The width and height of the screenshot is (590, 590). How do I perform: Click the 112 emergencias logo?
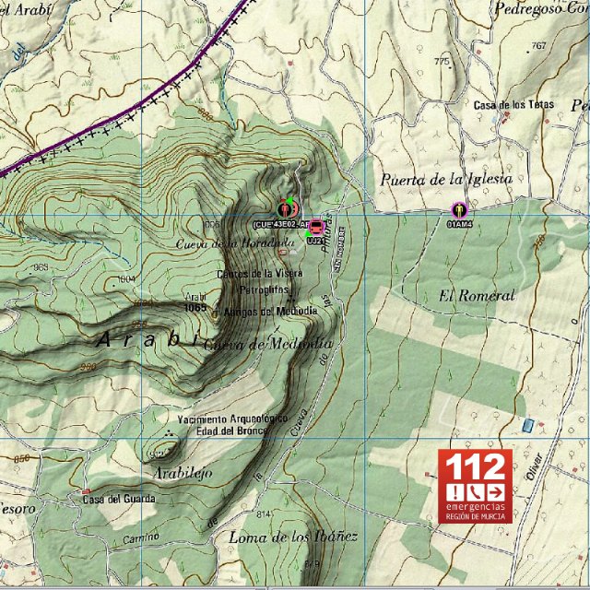474,486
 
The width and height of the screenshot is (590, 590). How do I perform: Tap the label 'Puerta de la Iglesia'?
445,180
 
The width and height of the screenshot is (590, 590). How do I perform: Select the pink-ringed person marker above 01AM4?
458,209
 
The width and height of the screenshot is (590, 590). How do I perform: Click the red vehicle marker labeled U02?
316,227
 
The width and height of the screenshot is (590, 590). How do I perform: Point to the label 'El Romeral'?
476,296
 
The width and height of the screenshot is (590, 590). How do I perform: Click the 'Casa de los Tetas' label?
513,105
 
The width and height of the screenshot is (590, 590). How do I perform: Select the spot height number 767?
539,45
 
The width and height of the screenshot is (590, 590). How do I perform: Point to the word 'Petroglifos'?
265,289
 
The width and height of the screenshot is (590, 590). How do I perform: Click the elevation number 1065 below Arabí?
195,309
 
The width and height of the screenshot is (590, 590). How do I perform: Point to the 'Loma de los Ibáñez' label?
292,537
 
